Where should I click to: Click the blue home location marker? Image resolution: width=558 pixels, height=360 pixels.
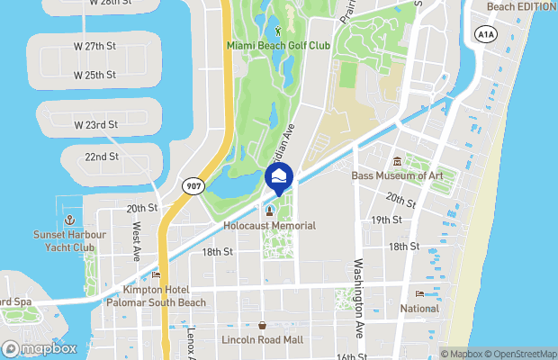click(279, 176)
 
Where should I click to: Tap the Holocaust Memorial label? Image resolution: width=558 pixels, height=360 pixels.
click(268, 225)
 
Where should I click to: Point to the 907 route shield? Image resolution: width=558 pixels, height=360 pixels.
click(193, 185)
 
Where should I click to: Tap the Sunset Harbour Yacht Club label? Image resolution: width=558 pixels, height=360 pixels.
click(68, 241)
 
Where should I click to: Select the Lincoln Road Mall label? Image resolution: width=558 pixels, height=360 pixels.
click(262, 339)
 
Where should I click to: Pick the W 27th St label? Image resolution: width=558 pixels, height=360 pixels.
click(96, 44)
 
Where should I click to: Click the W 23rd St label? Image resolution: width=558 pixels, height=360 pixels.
click(96, 124)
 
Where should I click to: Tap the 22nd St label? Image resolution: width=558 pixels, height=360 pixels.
click(102, 157)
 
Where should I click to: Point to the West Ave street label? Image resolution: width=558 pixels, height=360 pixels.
click(135, 243)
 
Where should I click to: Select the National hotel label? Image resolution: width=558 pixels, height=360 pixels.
click(419, 309)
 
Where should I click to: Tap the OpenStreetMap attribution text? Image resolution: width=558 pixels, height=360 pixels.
click(517, 354)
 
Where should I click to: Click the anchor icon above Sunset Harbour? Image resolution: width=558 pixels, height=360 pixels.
click(68, 220)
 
